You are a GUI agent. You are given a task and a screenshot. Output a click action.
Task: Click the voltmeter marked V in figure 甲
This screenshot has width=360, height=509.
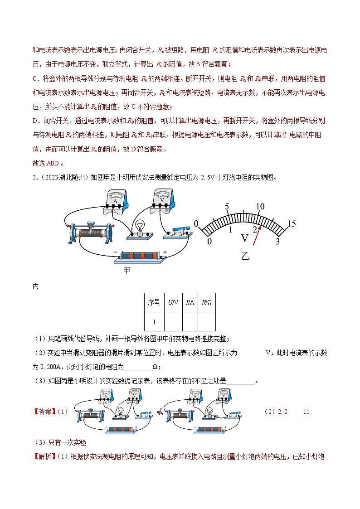click(161, 199)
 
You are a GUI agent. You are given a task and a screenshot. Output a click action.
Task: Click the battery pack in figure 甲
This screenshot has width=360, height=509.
click(141, 256)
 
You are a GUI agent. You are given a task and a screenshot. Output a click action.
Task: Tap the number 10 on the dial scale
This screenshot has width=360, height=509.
click(260, 207)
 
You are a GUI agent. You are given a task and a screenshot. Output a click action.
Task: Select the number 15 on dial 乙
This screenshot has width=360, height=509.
click(292, 223)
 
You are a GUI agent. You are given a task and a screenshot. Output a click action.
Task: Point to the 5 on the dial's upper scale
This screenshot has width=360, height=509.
click(227, 207)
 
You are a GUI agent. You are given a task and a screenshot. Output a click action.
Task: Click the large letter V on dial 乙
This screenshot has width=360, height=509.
click(245, 238)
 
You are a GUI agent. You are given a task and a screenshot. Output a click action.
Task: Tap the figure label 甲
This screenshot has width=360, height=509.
click(127, 271)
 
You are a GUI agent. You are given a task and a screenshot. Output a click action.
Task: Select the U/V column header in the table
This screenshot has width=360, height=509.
click(173, 302)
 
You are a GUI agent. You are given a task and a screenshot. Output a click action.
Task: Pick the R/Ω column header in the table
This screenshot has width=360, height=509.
click(206, 302)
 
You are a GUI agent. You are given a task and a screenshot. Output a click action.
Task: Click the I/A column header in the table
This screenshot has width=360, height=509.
click(190, 302)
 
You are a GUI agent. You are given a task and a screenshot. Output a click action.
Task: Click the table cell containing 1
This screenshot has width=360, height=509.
click(154, 322)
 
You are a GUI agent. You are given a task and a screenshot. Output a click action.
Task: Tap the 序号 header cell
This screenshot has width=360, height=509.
click(154, 302)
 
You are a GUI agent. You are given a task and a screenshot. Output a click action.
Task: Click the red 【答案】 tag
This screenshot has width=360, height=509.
click(44, 412)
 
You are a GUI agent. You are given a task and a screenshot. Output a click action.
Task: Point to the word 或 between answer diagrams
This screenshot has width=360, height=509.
click(160, 412)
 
